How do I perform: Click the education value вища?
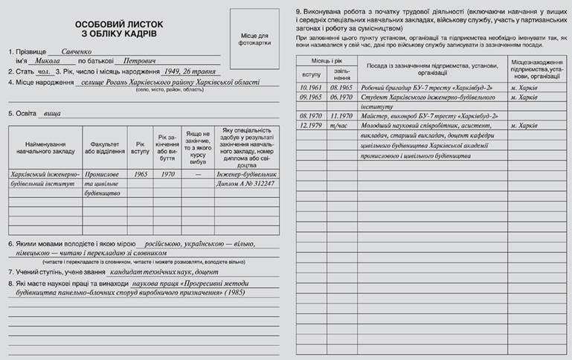(53, 114)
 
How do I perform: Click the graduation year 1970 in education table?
(167, 173)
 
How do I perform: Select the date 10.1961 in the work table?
(310, 88)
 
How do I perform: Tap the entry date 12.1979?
(310, 125)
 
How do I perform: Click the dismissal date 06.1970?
(341, 97)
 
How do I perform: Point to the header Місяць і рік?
(326, 59)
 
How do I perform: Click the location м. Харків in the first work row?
(524, 88)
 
